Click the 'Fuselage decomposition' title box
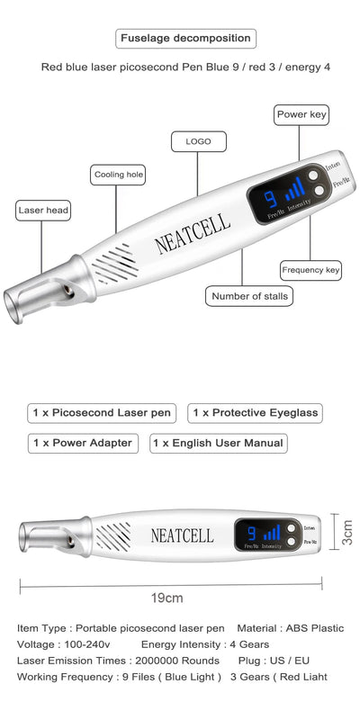[186, 39]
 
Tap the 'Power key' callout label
[301, 115]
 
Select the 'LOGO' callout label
[198, 141]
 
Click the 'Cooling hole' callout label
[118, 175]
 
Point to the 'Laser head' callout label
[43, 211]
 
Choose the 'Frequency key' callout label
[310, 270]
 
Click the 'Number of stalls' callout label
[248, 295]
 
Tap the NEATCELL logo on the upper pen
[192, 231]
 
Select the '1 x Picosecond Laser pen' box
[102, 413]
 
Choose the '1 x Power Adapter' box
[83, 443]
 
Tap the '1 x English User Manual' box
[219, 443]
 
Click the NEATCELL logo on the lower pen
[182, 535]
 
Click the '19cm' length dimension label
[166, 598]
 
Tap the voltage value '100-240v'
[91, 644]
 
